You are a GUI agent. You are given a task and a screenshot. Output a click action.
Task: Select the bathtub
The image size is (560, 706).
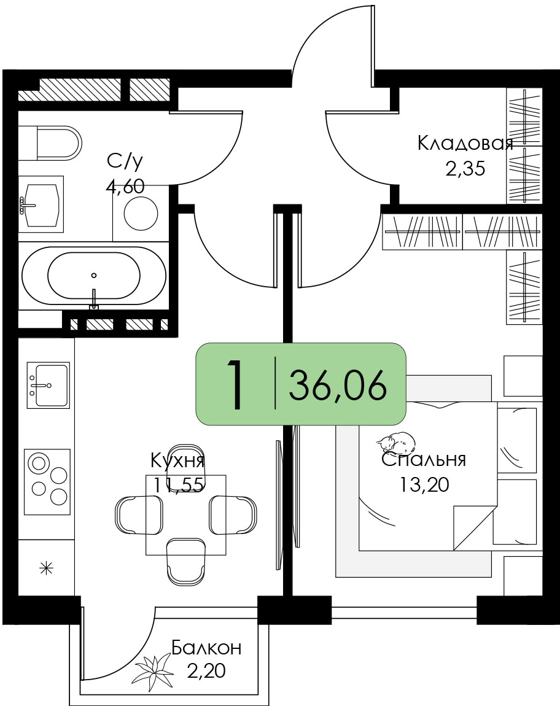pos(94,276)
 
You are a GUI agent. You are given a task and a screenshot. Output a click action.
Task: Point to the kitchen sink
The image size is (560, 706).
pos(49,386)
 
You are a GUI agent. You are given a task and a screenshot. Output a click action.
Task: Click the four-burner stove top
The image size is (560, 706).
pos(47,482)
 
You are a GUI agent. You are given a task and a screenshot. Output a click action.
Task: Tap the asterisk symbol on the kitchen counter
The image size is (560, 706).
pos(47,568)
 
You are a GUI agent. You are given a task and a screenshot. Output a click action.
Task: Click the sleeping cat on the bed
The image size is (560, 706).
pos(396,443)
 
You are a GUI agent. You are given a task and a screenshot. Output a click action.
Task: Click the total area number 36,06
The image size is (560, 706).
pos(338,384)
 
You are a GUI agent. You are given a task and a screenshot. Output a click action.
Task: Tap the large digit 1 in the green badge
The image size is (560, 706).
pos(235,385)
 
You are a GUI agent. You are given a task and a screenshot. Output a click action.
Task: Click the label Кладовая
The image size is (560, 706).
pos(465,144)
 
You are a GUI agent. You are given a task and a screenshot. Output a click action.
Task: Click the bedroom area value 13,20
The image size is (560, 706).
pos(424,484)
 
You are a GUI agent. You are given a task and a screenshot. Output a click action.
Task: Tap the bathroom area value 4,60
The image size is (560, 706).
pos(125,186)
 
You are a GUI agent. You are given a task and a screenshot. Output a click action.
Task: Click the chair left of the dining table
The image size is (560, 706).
pos(139,514)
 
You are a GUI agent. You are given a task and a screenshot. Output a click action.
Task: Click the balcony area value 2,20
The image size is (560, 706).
pos(206,672)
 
